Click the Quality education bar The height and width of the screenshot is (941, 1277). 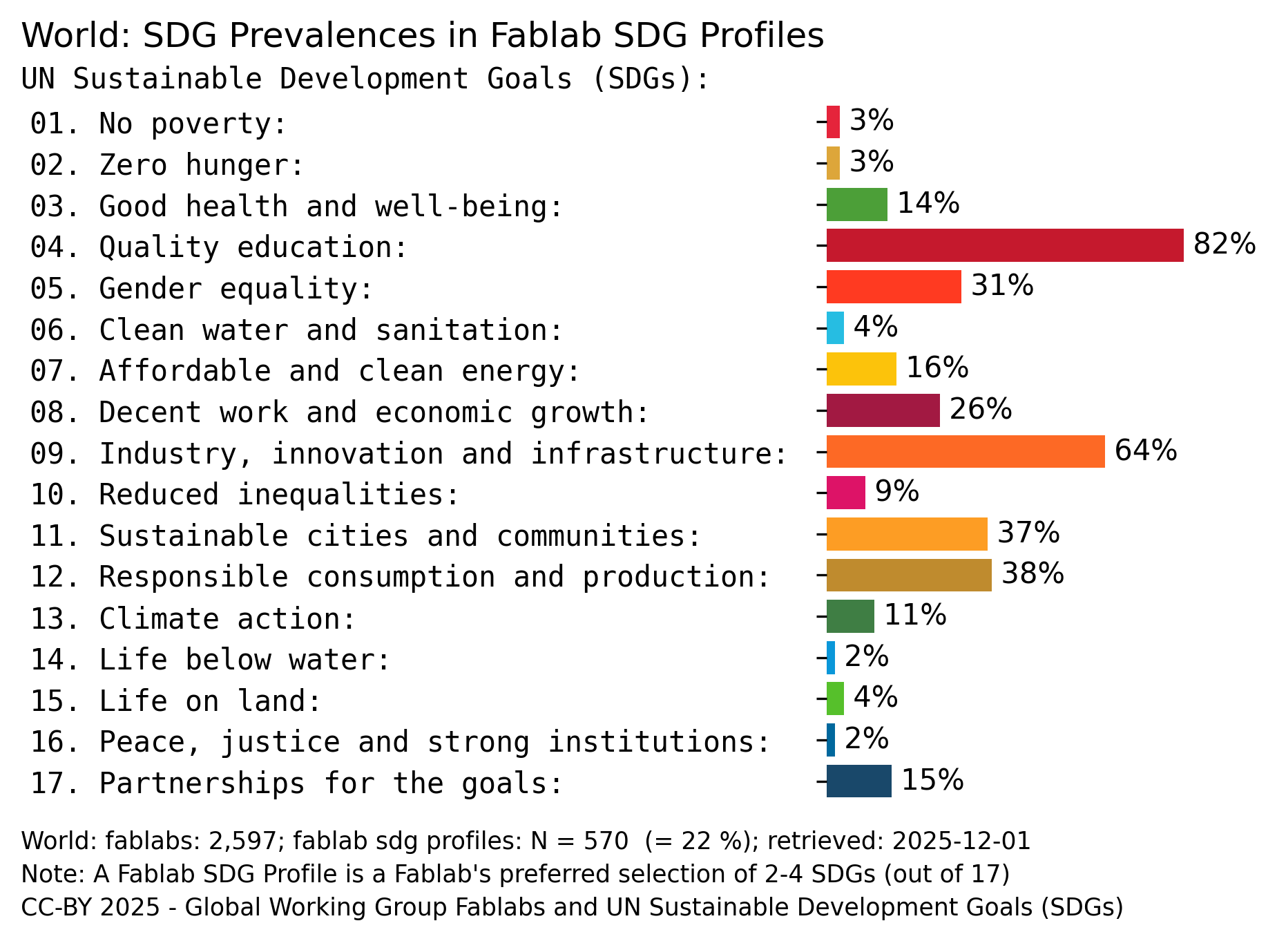pos(1004,245)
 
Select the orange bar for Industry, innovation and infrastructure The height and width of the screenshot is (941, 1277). pos(965,452)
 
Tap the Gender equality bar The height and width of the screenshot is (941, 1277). pos(893,287)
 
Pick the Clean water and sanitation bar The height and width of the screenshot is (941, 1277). pos(835,327)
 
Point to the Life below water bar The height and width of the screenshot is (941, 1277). pos(831,658)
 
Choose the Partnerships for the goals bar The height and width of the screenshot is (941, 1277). pos(858,781)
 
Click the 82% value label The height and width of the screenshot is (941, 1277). pos(1224,244)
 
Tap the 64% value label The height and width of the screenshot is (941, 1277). pos(1145,450)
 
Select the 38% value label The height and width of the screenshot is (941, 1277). pos(1032,573)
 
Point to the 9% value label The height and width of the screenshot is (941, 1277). pos(896,491)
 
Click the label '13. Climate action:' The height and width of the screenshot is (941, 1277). pos(193,618)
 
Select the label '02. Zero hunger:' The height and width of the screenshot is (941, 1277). pos(166,165)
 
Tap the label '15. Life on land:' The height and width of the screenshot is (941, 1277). pos(176,701)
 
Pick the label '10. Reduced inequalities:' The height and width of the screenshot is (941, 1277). pos(244,495)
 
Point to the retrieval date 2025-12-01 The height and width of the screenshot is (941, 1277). pos(961,841)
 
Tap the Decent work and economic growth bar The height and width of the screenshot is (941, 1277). pos(883,410)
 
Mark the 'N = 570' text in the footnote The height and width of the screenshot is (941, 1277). pos(579,841)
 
